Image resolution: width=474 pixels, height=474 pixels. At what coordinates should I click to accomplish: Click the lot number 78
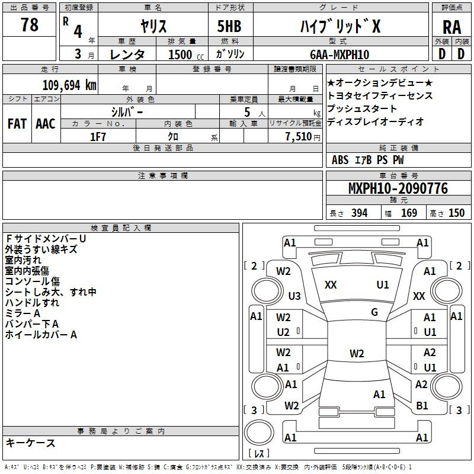click(x=29, y=24)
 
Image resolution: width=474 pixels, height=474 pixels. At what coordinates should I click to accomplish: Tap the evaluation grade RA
click(x=451, y=27)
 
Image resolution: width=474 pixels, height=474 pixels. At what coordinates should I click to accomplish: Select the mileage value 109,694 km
click(x=69, y=85)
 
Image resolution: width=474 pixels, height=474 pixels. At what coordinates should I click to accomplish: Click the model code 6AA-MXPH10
click(x=340, y=55)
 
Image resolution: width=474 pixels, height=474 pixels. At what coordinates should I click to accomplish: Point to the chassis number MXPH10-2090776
click(x=398, y=188)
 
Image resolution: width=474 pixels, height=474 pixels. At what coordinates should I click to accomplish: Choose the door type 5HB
click(x=229, y=26)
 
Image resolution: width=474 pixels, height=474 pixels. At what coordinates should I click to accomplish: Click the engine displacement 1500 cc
click(x=185, y=55)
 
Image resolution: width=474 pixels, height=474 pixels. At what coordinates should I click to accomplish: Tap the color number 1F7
click(x=98, y=137)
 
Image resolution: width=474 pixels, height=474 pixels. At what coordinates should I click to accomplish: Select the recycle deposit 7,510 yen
click(x=303, y=137)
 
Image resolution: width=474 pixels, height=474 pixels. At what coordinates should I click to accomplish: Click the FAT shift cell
click(x=17, y=124)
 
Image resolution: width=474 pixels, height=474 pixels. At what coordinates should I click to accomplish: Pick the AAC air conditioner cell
click(x=46, y=124)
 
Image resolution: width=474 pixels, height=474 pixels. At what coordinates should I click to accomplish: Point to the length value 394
click(x=359, y=213)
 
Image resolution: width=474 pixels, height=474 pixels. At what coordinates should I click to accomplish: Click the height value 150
click(x=456, y=213)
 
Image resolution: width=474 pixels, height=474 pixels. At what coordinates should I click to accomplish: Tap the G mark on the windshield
click(x=374, y=312)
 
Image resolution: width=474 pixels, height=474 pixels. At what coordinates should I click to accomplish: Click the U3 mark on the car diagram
click(x=294, y=296)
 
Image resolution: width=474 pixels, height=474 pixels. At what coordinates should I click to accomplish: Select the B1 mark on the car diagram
click(x=422, y=405)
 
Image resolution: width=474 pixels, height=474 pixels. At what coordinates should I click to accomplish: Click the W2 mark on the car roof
click(x=357, y=353)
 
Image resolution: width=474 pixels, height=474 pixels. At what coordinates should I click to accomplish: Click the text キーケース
click(x=30, y=443)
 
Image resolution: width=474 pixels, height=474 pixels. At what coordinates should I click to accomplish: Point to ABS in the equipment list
click(x=340, y=160)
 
